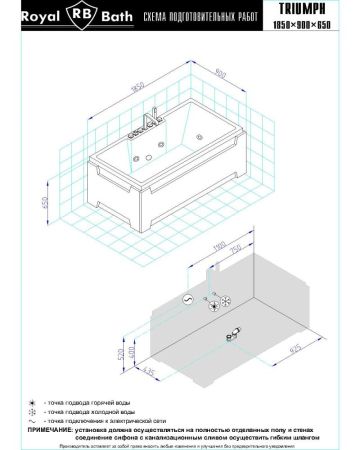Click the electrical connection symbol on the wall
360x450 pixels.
187,298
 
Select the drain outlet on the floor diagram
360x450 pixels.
234,334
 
